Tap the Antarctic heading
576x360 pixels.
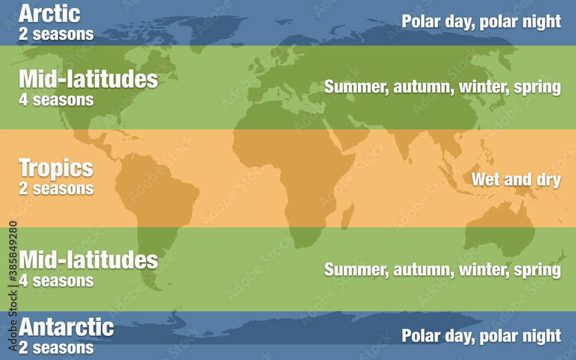pyautogui.click(x=66, y=327)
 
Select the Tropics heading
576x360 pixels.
pyautogui.click(x=56, y=168)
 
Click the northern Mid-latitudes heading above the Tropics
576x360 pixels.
pyautogui.click(x=88, y=79)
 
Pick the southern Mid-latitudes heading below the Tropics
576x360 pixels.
pyautogui.click(x=88, y=260)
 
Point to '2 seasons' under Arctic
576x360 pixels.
pyautogui.click(x=56, y=34)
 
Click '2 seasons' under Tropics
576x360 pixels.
pyautogui.click(x=56, y=188)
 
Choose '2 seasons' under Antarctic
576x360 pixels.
pyautogui.click(x=56, y=347)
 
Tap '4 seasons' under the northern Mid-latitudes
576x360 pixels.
pyautogui.click(x=56, y=100)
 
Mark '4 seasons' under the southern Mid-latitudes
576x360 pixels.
pyautogui.click(x=56, y=281)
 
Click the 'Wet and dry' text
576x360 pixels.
pyautogui.click(x=516, y=180)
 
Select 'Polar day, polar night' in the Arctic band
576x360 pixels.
pyautogui.click(x=481, y=22)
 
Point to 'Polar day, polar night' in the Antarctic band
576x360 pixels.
pyautogui.click(x=481, y=335)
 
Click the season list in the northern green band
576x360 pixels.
pyautogui.click(x=442, y=88)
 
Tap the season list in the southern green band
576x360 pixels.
pyautogui.click(x=442, y=270)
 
